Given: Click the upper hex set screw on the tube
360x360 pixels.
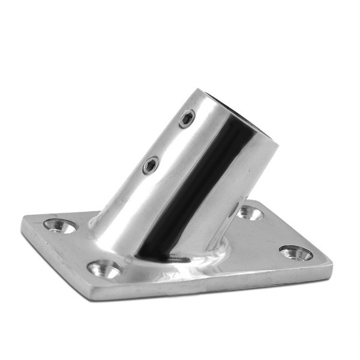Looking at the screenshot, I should (187, 118).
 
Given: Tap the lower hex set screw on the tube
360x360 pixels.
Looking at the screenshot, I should (150, 165).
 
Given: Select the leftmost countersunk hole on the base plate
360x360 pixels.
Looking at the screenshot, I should (60, 226).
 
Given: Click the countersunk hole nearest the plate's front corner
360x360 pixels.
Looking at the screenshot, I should (104, 269).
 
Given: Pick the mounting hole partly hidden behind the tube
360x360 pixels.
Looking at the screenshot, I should (249, 212).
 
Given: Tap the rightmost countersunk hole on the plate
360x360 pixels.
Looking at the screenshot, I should (295, 253).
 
